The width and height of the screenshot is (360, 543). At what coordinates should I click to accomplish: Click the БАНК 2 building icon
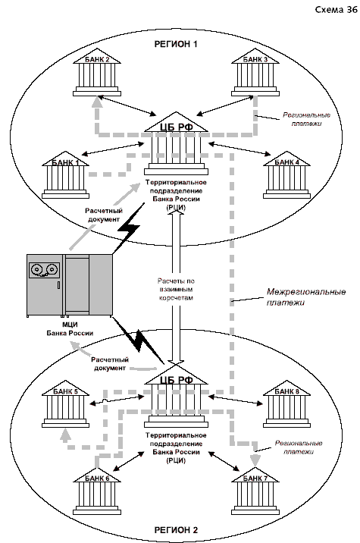tap(97, 72)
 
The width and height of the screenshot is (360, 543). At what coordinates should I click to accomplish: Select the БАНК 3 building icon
tap(255, 72)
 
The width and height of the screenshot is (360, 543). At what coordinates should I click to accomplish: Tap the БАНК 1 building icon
tap(65, 175)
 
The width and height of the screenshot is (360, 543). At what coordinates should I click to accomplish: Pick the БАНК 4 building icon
tap(286, 175)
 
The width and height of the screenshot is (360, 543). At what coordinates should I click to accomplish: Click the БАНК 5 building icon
tap(65, 403)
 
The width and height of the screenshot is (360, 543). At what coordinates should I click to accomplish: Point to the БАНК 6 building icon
tap(97, 491)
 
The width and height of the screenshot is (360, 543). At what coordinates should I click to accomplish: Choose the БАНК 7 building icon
tap(255, 491)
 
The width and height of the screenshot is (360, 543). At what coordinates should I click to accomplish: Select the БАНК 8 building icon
tap(286, 403)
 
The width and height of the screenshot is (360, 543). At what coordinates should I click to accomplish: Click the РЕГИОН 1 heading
tap(176, 44)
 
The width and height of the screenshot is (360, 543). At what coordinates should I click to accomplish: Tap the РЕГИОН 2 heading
tap(176, 530)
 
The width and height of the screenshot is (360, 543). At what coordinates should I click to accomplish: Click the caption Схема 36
tap(336, 10)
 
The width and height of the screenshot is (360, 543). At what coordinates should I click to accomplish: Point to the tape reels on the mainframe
tap(44, 270)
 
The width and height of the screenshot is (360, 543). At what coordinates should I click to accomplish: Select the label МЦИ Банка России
tap(70, 329)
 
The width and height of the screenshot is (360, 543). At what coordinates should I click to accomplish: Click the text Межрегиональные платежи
tap(306, 297)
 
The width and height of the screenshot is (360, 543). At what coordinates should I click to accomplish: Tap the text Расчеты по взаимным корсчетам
tap(176, 289)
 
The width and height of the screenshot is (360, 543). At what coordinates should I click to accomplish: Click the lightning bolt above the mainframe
tap(129, 228)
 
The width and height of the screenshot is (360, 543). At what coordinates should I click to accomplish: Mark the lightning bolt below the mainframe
tap(139, 340)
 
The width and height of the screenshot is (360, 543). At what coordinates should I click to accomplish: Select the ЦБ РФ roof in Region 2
tap(176, 375)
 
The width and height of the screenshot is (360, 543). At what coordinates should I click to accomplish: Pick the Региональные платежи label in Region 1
tap(306, 119)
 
